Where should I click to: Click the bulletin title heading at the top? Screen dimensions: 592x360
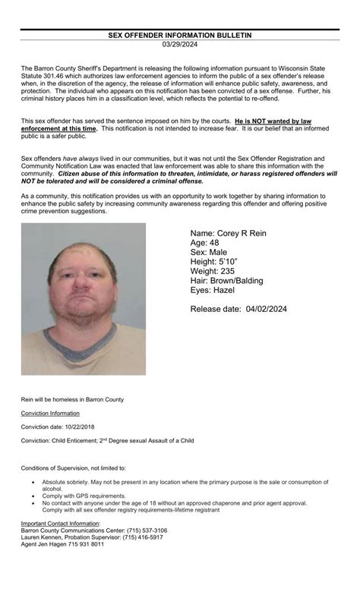tap(180, 35)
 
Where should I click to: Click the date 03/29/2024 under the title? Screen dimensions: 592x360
tap(180, 44)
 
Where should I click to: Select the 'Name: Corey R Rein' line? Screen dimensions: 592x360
tap(228, 233)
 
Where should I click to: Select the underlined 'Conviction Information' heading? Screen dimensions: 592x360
tap(50, 413)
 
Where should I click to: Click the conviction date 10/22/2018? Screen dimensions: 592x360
tap(79, 427)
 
